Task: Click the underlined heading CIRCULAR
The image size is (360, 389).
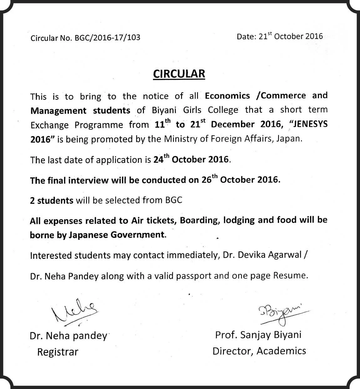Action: pyautogui.click(x=179, y=74)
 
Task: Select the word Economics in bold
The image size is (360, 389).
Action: pyautogui.click(x=227, y=95)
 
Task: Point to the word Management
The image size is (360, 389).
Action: pyautogui.click(x=58, y=110)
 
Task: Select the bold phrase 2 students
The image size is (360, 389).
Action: pyautogui.click(x=52, y=200)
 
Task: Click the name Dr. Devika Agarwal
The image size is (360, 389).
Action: pyautogui.click(x=262, y=255)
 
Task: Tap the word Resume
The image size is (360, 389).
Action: pyautogui.click(x=290, y=276)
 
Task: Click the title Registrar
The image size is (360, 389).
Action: pyautogui.click(x=58, y=352)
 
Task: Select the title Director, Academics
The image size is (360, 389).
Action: pyautogui.click(x=259, y=351)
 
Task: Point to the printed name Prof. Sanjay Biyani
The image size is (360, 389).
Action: pyautogui.click(x=258, y=335)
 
